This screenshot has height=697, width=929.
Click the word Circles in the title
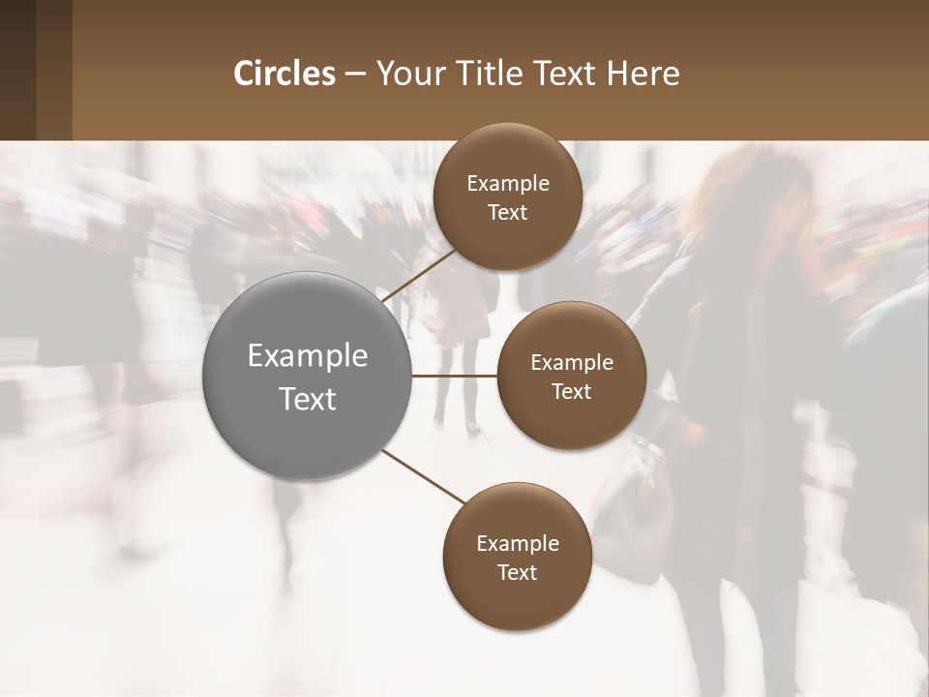(x=285, y=74)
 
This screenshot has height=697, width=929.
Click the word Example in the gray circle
(x=308, y=356)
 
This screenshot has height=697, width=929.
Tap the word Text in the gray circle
(x=308, y=399)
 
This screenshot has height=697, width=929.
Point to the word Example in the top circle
(x=508, y=184)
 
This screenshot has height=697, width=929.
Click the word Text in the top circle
(x=507, y=213)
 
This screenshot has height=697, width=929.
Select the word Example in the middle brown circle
(x=572, y=363)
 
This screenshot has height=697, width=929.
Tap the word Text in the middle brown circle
(x=571, y=392)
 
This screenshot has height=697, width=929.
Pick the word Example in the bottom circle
(x=518, y=544)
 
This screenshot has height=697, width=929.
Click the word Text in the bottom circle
(x=517, y=573)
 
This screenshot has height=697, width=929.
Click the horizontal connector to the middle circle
(x=455, y=376)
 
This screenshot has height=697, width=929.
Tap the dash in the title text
(x=355, y=75)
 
